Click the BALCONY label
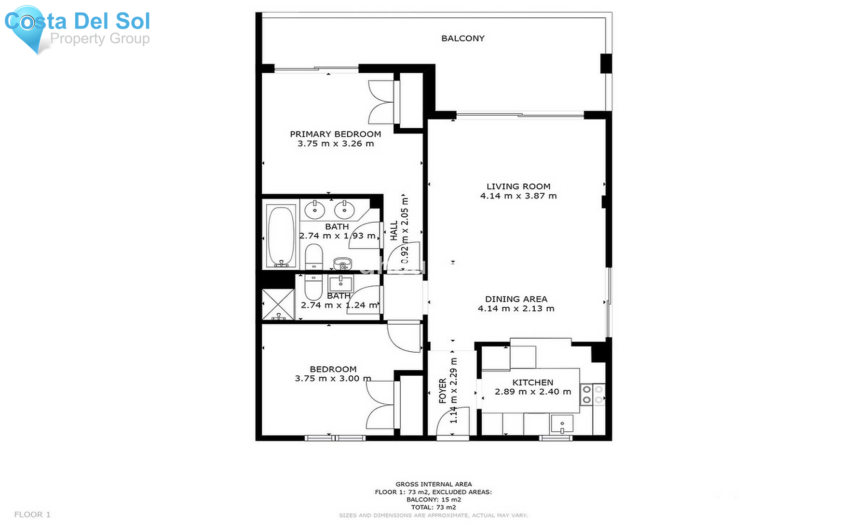pos(462,39)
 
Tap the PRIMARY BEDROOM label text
pos(335,134)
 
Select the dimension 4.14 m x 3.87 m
pos(518,196)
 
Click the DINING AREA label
pos(516,299)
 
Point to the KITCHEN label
pos(532,382)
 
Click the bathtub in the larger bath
pos(281,235)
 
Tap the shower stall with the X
pos(278,304)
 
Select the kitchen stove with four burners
pos(592,394)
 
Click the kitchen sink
pos(562,424)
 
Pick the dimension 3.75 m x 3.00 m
pos(333,379)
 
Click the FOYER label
pos(443,390)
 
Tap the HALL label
pos(394,231)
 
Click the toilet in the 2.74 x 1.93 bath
pos(314,257)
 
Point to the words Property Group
pos(100,39)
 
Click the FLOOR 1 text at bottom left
pos(32,515)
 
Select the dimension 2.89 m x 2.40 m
pos(532,392)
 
